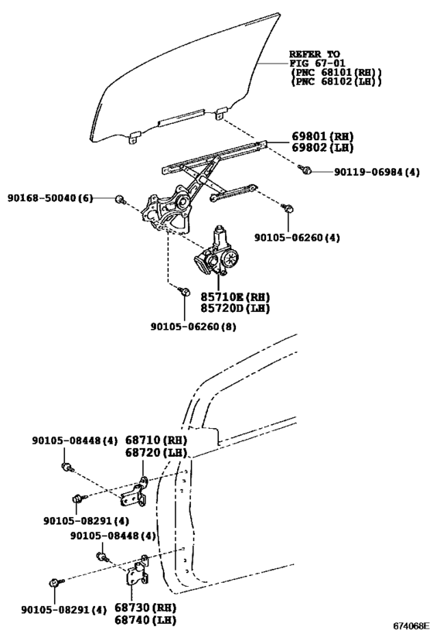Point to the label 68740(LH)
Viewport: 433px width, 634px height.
pyautogui.click(x=164, y=619)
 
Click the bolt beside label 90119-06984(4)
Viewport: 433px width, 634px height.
pyautogui.click(x=307, y=170)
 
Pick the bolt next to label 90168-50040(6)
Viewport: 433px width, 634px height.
pyautogui.click(x=120, y=200)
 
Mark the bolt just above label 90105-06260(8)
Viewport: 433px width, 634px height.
pyautogui.click(x=183, y=291)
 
